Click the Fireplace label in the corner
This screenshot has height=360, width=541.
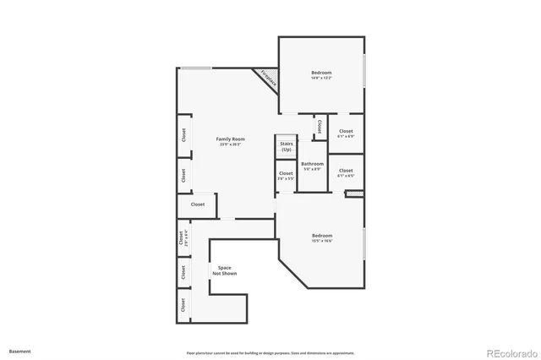268,78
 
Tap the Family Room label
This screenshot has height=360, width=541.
230,139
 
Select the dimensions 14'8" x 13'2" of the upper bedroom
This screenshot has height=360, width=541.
321,79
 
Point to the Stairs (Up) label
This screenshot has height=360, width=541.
287,147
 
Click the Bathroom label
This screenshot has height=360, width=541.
313,164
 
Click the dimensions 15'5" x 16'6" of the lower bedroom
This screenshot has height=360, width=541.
322,241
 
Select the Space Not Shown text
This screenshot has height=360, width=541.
225,270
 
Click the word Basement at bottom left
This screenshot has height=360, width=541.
20,349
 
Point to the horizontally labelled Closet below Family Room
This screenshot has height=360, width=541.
198,205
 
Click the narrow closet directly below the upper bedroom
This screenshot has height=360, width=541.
320,127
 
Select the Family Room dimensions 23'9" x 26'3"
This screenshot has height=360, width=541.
230,145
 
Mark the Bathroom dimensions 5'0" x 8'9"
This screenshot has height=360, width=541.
313,169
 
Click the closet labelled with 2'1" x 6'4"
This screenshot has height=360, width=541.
182,239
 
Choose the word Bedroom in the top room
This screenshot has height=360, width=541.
321,73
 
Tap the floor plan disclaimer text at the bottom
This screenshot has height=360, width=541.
270,352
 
